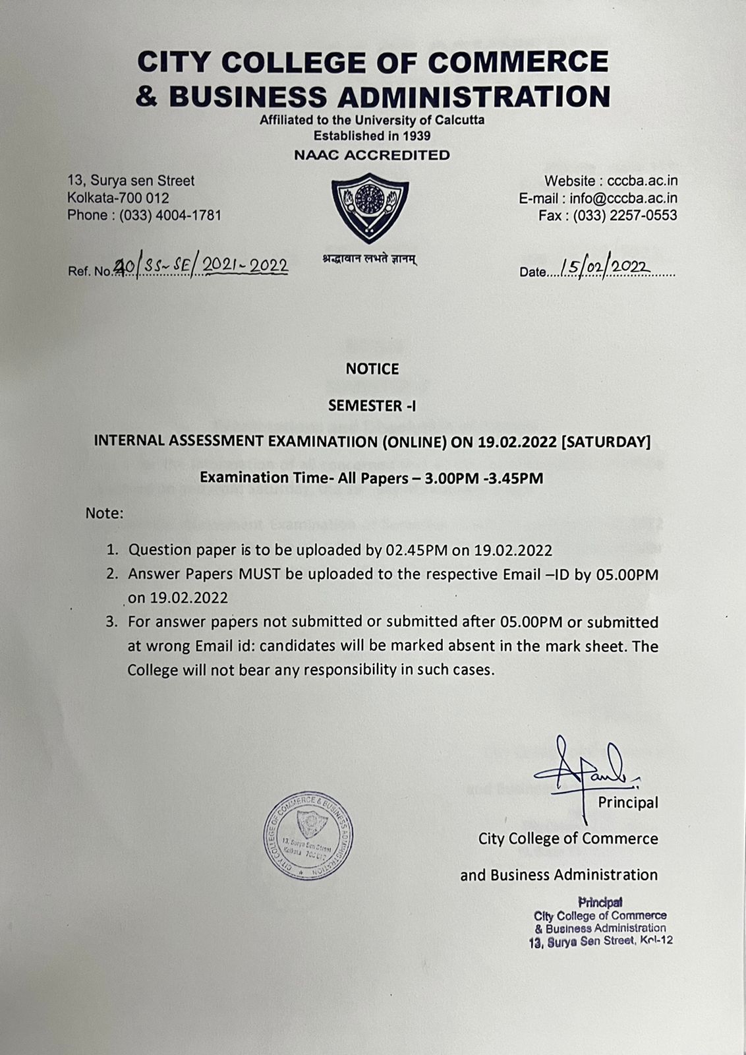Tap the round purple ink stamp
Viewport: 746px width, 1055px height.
click(308, 835)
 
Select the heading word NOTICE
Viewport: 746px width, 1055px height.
click(372, 369)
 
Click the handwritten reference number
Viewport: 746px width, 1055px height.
click(201, 266)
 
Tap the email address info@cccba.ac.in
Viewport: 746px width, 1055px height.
click(623, 198)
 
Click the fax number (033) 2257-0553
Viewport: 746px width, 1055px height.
click(625, 216)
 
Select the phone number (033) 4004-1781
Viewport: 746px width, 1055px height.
click(170, 215)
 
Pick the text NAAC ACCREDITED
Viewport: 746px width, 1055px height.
click(372, 156)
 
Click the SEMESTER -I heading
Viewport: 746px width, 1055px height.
click(372, 406)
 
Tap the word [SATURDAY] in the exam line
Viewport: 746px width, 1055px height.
click(605, 441)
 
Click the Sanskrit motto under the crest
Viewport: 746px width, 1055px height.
click(370, 259)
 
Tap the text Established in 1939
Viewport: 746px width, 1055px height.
click(372, 136)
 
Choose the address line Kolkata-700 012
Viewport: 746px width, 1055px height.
click(118, 198)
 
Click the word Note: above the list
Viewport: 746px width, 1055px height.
click(104, 513)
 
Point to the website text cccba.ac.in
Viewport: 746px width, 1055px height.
click(643, 181)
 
